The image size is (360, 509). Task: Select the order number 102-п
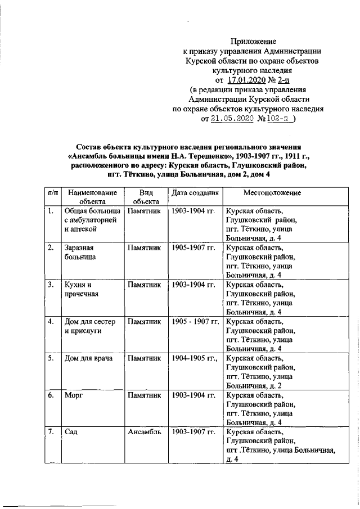point(280,119)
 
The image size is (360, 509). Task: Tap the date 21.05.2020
point(232,119)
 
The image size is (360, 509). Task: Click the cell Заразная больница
point(78,252)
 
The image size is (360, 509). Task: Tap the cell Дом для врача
point(86,358)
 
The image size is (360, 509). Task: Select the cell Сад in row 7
point(71,431)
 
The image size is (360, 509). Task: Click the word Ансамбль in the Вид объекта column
point(144,431)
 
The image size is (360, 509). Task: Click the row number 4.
point(51,321)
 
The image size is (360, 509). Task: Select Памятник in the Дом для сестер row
point(145,321)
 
